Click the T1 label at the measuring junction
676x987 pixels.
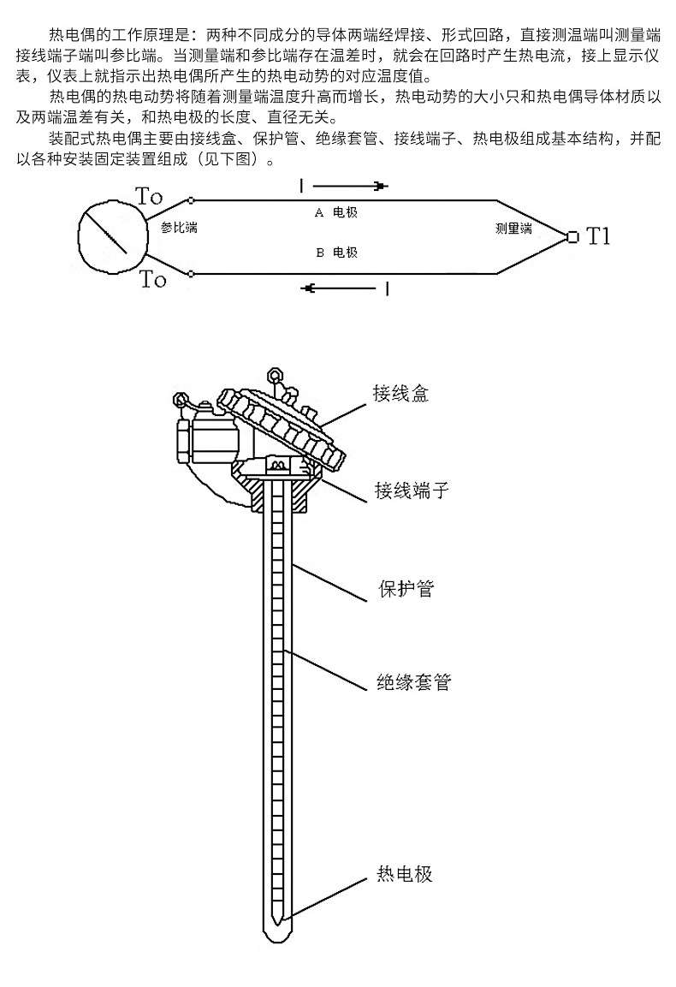coord(598,236)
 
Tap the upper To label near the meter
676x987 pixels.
coord(149,196)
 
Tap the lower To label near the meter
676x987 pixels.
coord(152,278)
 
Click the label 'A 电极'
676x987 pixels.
coord(335,213)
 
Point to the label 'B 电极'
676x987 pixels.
coord(336,253)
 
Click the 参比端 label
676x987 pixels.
coord(179,228)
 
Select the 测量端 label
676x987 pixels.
coord(513,229)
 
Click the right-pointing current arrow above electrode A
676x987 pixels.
coord(350,187)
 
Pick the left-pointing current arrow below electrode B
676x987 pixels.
coord(340,288)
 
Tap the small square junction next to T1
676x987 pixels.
coord(572,236)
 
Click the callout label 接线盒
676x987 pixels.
coord(401,394)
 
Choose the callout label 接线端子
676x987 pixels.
coord(412,491)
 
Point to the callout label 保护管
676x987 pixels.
coord(406,589)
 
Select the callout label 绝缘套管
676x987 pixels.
coord(414,682)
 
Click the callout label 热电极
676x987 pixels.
coord(405,874)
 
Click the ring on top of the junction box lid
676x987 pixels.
coord(275,377)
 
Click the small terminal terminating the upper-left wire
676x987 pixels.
coord(192,201)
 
